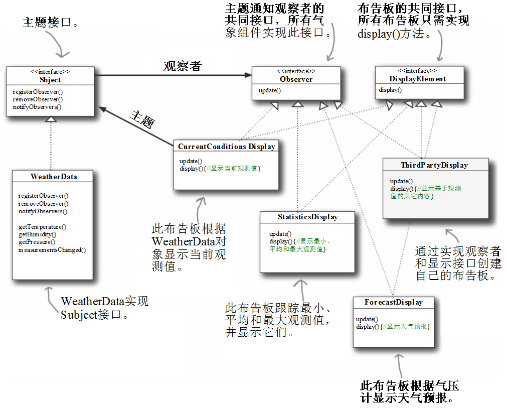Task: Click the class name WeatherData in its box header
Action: point(54,177)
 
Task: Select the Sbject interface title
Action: point(50,80)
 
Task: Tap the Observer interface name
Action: point(296,79)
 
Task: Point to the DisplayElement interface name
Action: point(418,79)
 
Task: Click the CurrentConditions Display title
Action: point(227,147)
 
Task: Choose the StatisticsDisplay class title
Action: point(308,217)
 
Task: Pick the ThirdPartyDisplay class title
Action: point(434,165)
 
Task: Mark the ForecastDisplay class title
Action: point(394,302)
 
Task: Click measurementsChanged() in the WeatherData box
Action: point(52,250)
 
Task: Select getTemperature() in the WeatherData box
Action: point(42,227)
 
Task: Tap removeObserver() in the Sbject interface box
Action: point(38,99)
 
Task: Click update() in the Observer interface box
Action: point(270,90)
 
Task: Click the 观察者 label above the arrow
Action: point(183,66)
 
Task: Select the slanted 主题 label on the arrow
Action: point(142,119)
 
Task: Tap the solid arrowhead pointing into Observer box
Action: point(248,75)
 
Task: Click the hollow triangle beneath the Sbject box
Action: point(51,119)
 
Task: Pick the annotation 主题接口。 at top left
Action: point(50,22)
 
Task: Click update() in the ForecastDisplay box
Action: point(367,319)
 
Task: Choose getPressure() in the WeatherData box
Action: point(37,242)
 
